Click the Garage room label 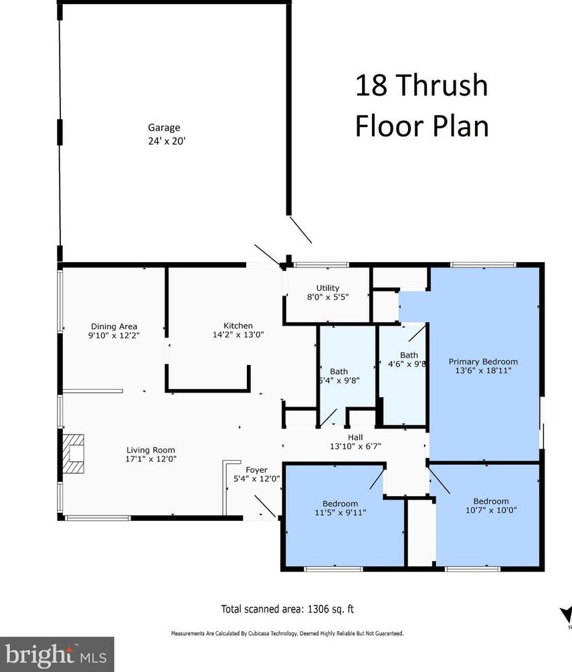pyautogui.click(x=164, y=127)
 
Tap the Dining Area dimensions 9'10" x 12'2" pyautogui.click(x=114, y=336)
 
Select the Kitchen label pyautogui.click(x=238, y=326)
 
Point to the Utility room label pyautogui.click(x=328, y=288)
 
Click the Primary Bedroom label pyautogui.click(x=483, y=362)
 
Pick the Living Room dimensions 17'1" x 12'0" pyautogui.click(x=151, y=459)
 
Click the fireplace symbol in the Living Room pyautogui.click(x=74, y=454)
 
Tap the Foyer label pyautogui.click(x=256, y=470)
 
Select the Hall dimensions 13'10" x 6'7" pyautogui.click(x=355, y=446)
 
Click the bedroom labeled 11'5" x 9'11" pyautogui.click(x=340, y=508)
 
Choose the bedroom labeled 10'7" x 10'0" pyautogui.click(x=491, y=506)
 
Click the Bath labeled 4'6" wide pyautogui.click(x=408, y=360)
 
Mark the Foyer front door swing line pyautogui.click(x=265, y=506)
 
